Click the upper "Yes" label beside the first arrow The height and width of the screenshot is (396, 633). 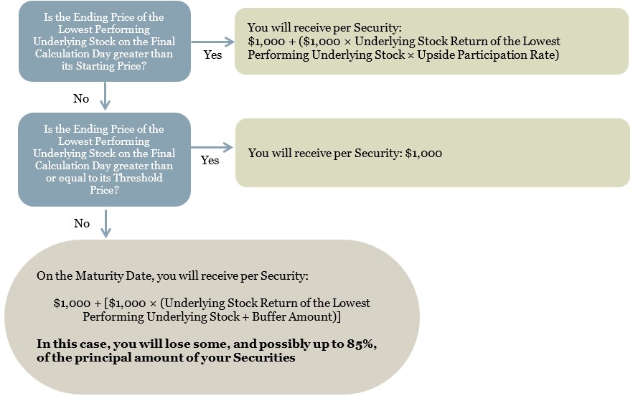point(212,55)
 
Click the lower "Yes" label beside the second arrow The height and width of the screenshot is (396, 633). point(210,160)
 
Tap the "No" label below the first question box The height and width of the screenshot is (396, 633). point(80,98)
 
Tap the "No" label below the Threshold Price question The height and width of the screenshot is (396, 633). point(82,223)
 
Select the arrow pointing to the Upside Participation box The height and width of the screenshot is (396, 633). point(212,42)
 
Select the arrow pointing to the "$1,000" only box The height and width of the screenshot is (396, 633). point(212,147)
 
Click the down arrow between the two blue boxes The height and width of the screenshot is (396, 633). point(105,96)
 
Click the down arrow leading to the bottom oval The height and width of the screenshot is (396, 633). point(105,223)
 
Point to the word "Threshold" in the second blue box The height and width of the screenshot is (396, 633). point(138,178)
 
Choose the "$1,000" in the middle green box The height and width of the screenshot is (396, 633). point(423,154)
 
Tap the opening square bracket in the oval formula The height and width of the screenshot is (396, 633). point(105,303)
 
